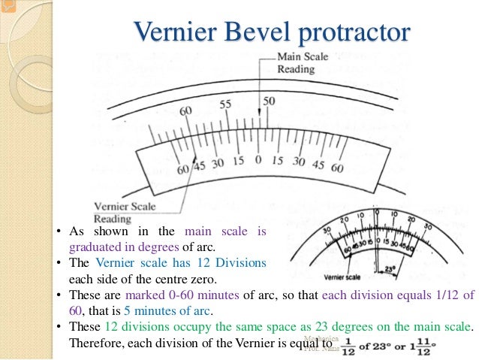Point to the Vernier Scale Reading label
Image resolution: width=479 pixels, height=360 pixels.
click(x=124, y=212)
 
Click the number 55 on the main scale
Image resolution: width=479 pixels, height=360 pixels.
click(x=225, y=104)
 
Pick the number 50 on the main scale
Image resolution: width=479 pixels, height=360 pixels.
click(x=268, y=100)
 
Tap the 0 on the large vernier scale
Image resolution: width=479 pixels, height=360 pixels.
click(x=258, y=159)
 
